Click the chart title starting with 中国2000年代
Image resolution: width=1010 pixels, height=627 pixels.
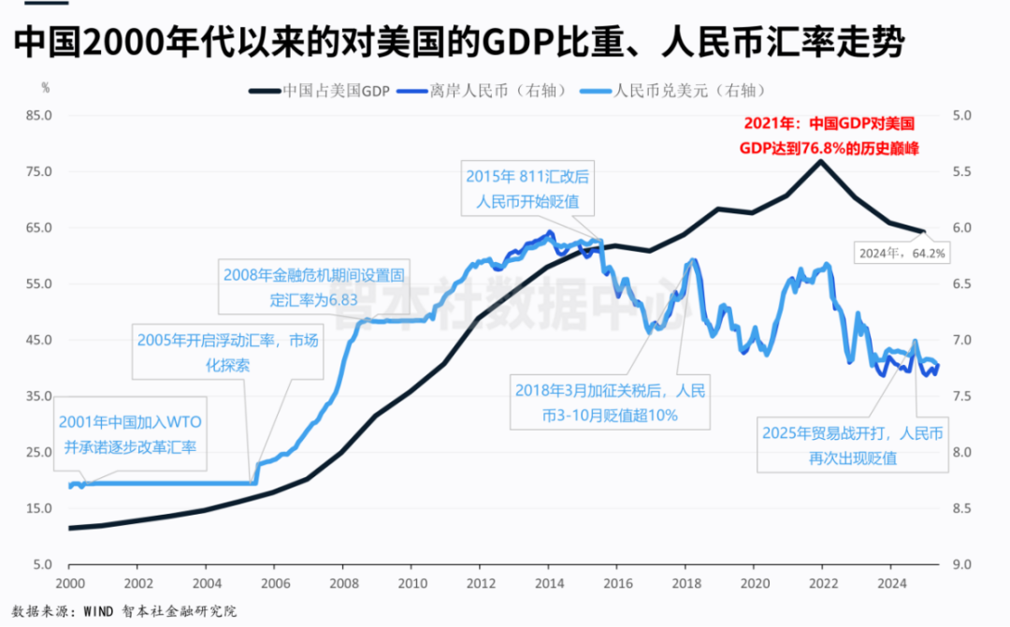pyautogui.click(x=458, y=41)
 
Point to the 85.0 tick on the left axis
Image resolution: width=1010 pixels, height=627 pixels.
pyautogui.click(x=37, y=116)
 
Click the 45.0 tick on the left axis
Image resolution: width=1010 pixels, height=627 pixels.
pyautogui.click(x=37, y=341)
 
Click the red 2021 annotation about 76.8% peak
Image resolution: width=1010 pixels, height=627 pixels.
pyautogui.click(x=828, y=136)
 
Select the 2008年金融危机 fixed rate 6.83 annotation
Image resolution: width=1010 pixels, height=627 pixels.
pyautogui.click(x=313, y=288)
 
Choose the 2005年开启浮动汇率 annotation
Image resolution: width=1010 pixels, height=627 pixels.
pyautogui.click(x=226, y=353)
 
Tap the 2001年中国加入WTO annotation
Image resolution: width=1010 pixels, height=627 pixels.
pyautogui.click(x=132, y=434)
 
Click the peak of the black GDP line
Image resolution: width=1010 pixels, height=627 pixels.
pyautogui.click(x=820, y=161)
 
